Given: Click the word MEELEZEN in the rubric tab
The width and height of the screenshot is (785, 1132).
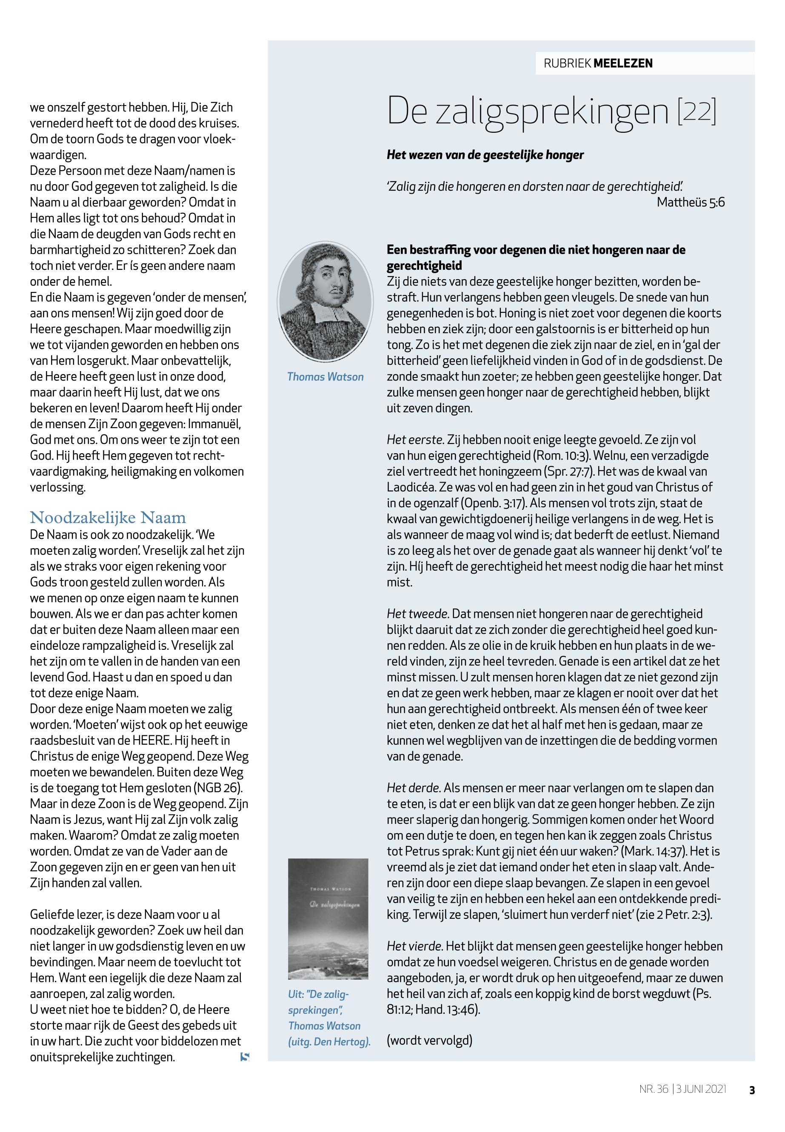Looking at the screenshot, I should point(623,63).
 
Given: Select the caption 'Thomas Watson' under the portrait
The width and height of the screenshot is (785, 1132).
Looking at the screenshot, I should point(325,377).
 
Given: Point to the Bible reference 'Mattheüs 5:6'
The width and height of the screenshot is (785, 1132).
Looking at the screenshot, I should point(691,202).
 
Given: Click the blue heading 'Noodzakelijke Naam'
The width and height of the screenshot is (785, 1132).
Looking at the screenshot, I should point(108,518).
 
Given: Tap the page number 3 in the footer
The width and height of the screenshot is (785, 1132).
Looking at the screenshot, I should point(751,1090).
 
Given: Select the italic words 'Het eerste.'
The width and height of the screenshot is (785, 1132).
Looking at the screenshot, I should point(416,440).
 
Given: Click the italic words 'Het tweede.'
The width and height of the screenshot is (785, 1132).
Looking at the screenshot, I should point(417,614).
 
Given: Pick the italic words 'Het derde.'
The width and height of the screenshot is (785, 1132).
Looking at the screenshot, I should point(414,788).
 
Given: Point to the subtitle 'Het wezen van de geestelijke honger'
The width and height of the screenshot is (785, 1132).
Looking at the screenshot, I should point(485,155).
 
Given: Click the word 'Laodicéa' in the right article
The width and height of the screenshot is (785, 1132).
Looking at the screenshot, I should point(409,487).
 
